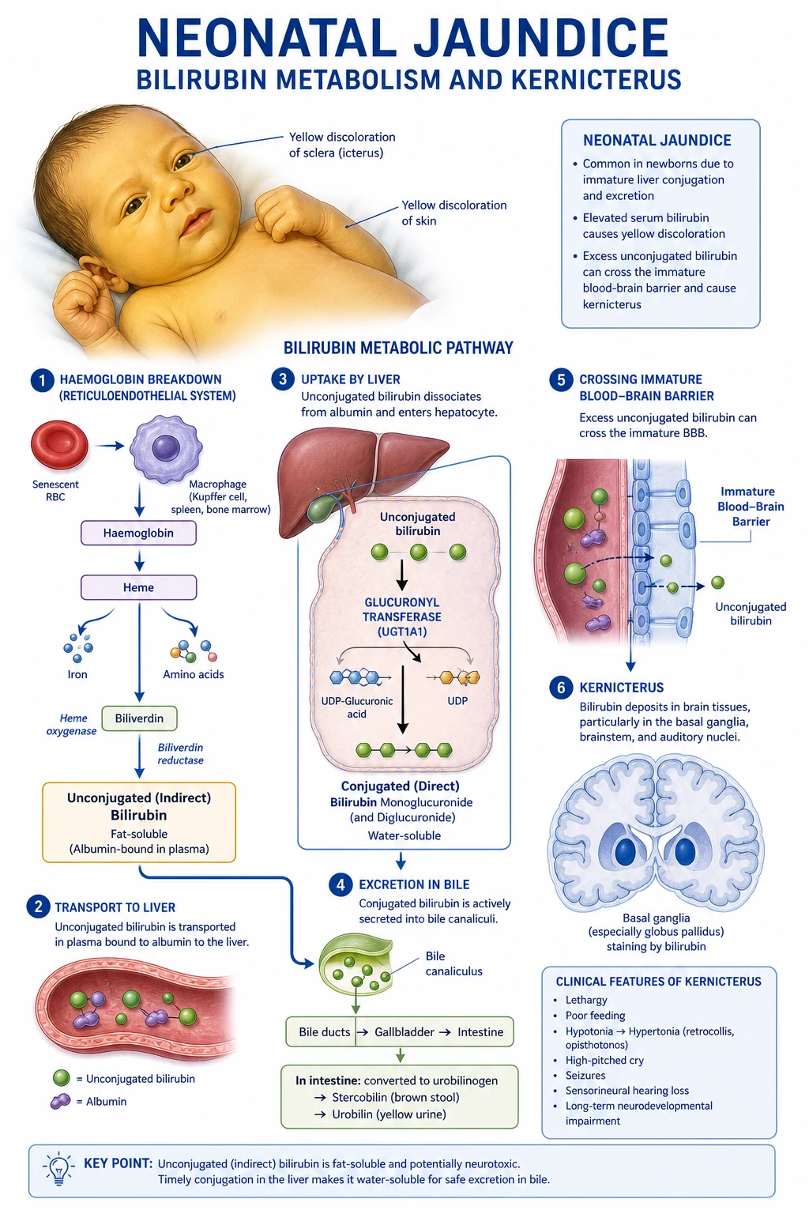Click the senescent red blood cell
(x=59, y=445)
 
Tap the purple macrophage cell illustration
(x=166, y=447)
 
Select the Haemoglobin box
(x=139, y=533)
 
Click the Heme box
(x=139, y=587)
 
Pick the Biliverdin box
(x=139, y=718)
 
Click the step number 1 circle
(x=42, y=380)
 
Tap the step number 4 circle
(x=341, y=884)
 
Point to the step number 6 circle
(x=561, y=688)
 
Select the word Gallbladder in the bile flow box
(x=404, y=1032)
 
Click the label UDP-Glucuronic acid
(x=356, y=707)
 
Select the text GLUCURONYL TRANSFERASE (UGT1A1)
(x=401, y=616)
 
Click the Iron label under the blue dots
(x=77, y=674)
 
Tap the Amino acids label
(x=194, y=674)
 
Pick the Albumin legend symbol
(x=60, y=1101)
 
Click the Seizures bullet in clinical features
(x=585, y=1075)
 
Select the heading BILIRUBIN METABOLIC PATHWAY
(x=398, y=348)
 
